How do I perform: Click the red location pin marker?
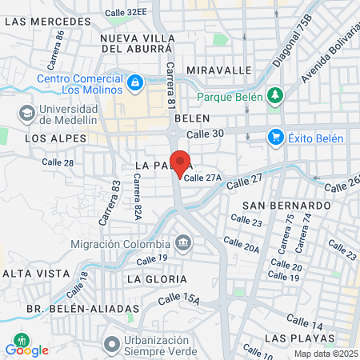point(181,164)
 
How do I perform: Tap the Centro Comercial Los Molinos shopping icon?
point(136,82)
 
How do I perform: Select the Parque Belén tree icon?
point(275,96)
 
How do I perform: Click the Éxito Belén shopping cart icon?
point(276,138)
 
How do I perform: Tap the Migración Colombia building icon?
point(183,242)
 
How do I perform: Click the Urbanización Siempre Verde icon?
point(111,345)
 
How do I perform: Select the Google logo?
point(27,350)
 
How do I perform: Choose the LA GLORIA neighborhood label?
point(157,279)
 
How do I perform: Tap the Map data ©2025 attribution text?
point(325,354)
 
